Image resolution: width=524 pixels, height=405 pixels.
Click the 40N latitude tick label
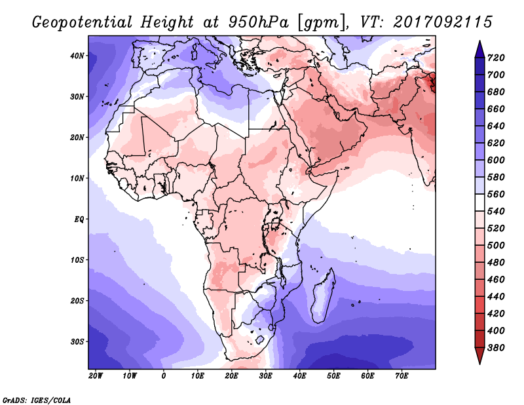77,56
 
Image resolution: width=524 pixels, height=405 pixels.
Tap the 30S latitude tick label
77,342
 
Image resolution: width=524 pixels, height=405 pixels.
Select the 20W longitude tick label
96,376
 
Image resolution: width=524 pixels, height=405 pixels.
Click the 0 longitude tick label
163,376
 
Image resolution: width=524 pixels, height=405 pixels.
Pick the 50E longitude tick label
333,376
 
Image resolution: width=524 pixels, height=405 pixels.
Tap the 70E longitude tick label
402,376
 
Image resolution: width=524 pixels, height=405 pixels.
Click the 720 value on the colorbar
496,58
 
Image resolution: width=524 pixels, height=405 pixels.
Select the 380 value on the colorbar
496,348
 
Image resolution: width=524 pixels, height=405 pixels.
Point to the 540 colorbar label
496,212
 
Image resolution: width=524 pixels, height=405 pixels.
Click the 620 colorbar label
496,143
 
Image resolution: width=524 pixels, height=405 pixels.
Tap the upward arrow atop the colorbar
479,49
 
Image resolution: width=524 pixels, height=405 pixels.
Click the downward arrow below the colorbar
479,356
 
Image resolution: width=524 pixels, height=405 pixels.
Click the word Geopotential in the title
82,22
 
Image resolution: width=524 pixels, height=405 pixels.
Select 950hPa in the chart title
258,22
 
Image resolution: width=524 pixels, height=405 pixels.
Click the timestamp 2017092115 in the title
443,22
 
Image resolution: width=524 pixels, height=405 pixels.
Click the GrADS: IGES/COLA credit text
37,400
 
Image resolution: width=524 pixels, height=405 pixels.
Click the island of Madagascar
323,296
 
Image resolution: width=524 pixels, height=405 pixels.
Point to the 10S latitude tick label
77,260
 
